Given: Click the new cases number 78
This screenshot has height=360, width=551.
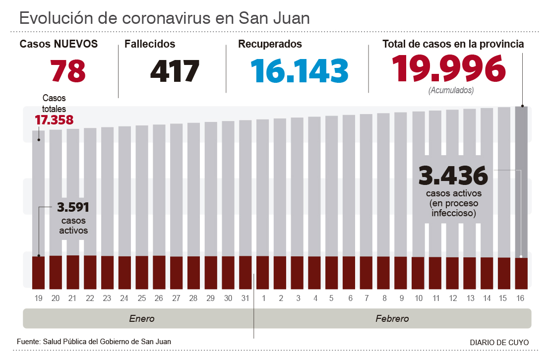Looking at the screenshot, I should pos(68,71).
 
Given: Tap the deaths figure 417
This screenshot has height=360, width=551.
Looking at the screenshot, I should pos(175,71).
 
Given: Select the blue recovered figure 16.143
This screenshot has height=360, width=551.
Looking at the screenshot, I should pos(299,71).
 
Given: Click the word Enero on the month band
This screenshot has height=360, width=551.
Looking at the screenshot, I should pos(142,318).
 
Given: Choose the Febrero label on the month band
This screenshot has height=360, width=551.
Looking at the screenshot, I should pos(392,318).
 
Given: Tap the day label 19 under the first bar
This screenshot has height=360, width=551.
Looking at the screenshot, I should pos(39,298).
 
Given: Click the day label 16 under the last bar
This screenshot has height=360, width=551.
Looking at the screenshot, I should pos(520,298).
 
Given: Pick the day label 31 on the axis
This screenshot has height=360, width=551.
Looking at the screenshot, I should pos(245,298).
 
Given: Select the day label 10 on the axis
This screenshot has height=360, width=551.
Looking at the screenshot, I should pos(418,298).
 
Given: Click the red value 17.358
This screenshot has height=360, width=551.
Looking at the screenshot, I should pos(54,120).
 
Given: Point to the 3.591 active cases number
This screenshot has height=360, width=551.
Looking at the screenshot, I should pos(73,208).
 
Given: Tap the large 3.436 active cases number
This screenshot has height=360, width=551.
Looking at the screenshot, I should pos(453,176).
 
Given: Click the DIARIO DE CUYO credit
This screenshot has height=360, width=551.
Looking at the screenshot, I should pos(499,342).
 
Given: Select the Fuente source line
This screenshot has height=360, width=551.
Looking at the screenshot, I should pos(94,342).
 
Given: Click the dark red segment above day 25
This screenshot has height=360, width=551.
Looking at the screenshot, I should pos(142,272).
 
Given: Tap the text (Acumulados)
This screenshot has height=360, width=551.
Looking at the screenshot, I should pos(450,91).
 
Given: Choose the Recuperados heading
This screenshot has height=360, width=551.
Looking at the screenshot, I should pos(270,44).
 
